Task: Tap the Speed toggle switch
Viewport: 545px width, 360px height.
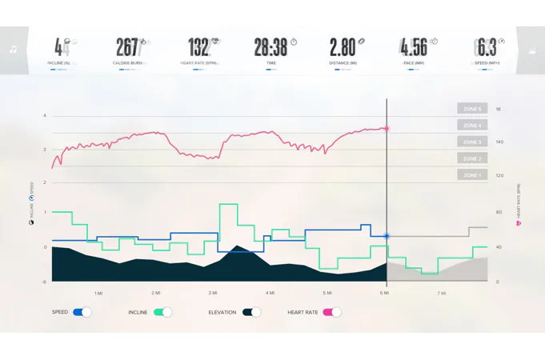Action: point(82,312)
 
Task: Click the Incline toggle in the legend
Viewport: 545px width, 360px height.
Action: point(162,312)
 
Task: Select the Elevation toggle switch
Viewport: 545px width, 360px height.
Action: point(251,312)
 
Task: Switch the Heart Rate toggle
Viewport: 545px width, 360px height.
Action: point(331,312)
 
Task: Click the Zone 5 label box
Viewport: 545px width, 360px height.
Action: point(472,109)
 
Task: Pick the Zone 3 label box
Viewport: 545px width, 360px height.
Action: point(472,142)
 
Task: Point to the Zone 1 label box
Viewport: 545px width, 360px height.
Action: point(472,175)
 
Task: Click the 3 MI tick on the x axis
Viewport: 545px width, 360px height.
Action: point(213,294)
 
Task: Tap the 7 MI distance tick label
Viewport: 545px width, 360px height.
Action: point(442,294)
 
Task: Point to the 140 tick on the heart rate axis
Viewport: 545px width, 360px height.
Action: point(499,142)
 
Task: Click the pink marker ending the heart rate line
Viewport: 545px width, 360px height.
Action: point(387,128)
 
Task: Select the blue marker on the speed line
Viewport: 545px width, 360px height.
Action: point(387,236)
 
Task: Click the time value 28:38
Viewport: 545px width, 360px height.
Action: point(270,47)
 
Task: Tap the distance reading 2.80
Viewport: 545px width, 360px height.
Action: point(342,47)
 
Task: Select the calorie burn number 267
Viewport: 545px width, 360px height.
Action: point(128,47)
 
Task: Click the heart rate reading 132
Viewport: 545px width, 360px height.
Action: point(199,47)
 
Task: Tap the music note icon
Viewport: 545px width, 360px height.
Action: point(14,50)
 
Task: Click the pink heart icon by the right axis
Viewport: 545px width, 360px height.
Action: point(519,223)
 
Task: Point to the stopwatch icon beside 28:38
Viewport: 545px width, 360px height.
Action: point(294,42)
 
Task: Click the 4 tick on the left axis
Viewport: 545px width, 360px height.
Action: point(45,116)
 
